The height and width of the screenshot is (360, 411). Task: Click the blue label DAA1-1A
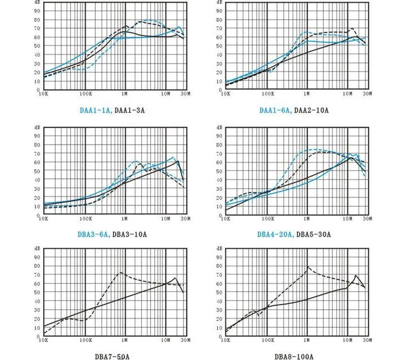97,110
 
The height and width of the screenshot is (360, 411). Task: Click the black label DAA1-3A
130,110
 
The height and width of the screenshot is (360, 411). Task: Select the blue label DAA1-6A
275,110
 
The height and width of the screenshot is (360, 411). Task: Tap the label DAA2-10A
310,110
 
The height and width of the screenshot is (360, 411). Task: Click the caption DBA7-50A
114,356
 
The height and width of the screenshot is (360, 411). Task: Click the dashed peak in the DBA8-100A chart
308,267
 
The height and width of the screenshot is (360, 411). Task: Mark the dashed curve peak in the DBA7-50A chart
120,273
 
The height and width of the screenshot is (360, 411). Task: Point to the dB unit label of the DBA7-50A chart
37,248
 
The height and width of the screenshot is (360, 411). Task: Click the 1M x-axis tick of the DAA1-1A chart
126,94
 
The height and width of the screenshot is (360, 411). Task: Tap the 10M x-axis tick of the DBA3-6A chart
166,218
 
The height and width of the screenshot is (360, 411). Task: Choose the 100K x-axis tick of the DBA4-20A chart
267,218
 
